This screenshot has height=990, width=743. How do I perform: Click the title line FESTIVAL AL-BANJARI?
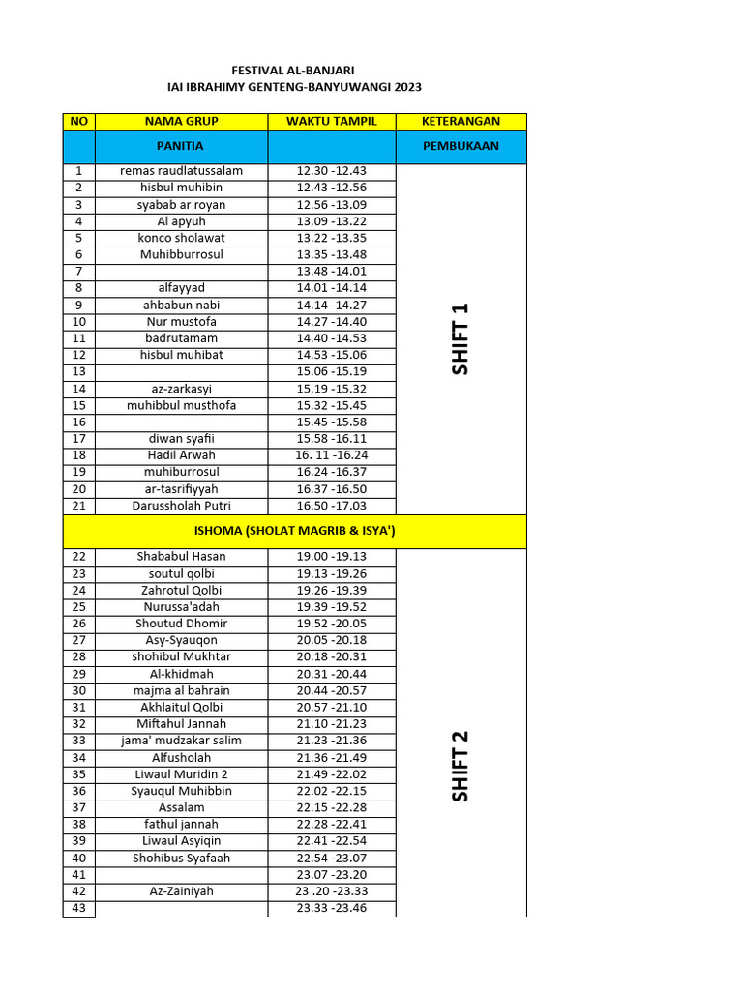pyautogui.click(x=294, y=71)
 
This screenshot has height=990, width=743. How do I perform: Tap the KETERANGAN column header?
pyautogui.click(x=461, y=121)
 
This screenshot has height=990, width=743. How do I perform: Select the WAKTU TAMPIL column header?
pyautogui.click(x=332, y=121)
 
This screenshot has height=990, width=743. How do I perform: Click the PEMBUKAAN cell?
pyautogui.click(x=461, y=147)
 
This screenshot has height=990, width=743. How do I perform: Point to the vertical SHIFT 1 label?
pyautogui.click(x=460, y=338)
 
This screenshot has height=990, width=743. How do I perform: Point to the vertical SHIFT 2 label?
pyautogui.click(x=460, y=766)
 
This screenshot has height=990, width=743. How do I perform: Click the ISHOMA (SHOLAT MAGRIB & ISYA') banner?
pyautogui.click(x=294, y=531)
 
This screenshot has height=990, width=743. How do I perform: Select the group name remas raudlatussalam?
pyautogui.click(x=181, y=171)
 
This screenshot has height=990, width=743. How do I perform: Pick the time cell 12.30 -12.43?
pyautogui.click(x=332, y=171)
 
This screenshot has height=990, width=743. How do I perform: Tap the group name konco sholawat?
pyautogui.click(x=181, y=238)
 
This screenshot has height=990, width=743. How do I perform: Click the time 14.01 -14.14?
pyautogui.click(x=332, y=288)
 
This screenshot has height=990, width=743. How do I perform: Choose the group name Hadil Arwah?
pyautogui.click(x=181, y=455)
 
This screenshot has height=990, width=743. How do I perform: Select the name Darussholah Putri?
pyautogui.click(x=181, y=506)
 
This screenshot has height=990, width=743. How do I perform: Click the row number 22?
pyautogui.click(x=79, y=557)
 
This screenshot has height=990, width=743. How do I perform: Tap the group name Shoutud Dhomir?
pyautogui.click(x=181, y=624)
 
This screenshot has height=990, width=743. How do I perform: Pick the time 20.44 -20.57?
pyautogui.click(x=332, y=690)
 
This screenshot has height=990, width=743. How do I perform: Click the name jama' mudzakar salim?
pyautogui.click(x=181, y=741)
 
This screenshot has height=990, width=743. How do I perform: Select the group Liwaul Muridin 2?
pyautogui.click(x=181, y=774)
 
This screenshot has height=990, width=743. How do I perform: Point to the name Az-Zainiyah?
pyautogui.click(x=181, y=891)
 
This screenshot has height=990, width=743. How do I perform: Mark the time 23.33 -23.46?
pyautogui.click(x=332, y=908)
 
